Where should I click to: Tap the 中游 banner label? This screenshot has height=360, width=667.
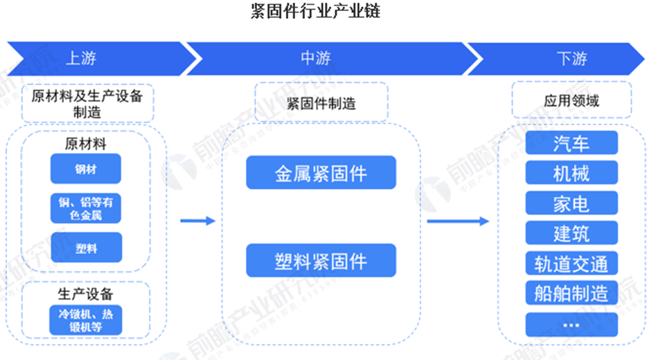click(x=316, y=58)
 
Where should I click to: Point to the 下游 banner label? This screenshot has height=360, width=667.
click(x=571, y=58)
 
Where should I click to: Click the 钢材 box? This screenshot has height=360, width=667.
click(x=86, y=168)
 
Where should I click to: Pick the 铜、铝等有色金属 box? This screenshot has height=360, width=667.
click(x=86, y=208)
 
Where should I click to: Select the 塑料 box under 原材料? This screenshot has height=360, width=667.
click(x=86, y=248)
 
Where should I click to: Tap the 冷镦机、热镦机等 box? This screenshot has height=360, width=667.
click(x=86, y=320)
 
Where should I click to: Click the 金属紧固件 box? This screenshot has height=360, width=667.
click(x=321, y=172)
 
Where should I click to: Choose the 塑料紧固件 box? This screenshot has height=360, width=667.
click(x=321, y=260)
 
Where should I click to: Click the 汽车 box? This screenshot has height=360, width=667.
click(x=571, y=143)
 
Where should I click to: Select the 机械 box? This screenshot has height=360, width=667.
click(x=571, y=173)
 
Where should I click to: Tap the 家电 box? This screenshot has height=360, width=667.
click(x=571, y=204)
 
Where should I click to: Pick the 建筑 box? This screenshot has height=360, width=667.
click(x=571, y=233)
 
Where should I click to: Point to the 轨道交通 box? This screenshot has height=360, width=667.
click(x=571, y=263)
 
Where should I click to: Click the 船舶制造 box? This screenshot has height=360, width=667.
click(x=571, y=293)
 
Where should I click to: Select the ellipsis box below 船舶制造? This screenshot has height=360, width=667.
click(x=571, y=323)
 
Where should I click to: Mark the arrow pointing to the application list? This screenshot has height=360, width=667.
click(x=458, y=221)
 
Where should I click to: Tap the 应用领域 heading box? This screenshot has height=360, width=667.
click(x=571, y=101)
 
